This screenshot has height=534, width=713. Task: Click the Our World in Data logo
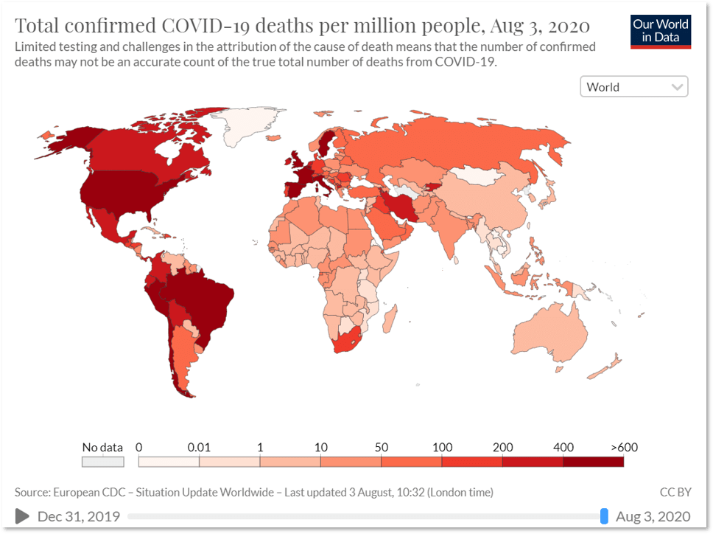661,32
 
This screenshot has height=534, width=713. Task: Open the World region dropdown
633,87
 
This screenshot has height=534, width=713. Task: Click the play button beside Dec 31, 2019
22,516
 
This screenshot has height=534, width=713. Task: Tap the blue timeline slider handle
604,516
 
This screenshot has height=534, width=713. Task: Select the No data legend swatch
102,462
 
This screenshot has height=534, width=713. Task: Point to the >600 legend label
624,447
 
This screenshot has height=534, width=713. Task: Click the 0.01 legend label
199,447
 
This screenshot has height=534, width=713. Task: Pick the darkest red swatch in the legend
593,462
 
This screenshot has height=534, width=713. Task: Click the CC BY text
675,492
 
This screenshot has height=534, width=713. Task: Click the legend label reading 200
502,447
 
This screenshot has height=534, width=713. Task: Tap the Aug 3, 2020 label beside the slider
653,516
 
